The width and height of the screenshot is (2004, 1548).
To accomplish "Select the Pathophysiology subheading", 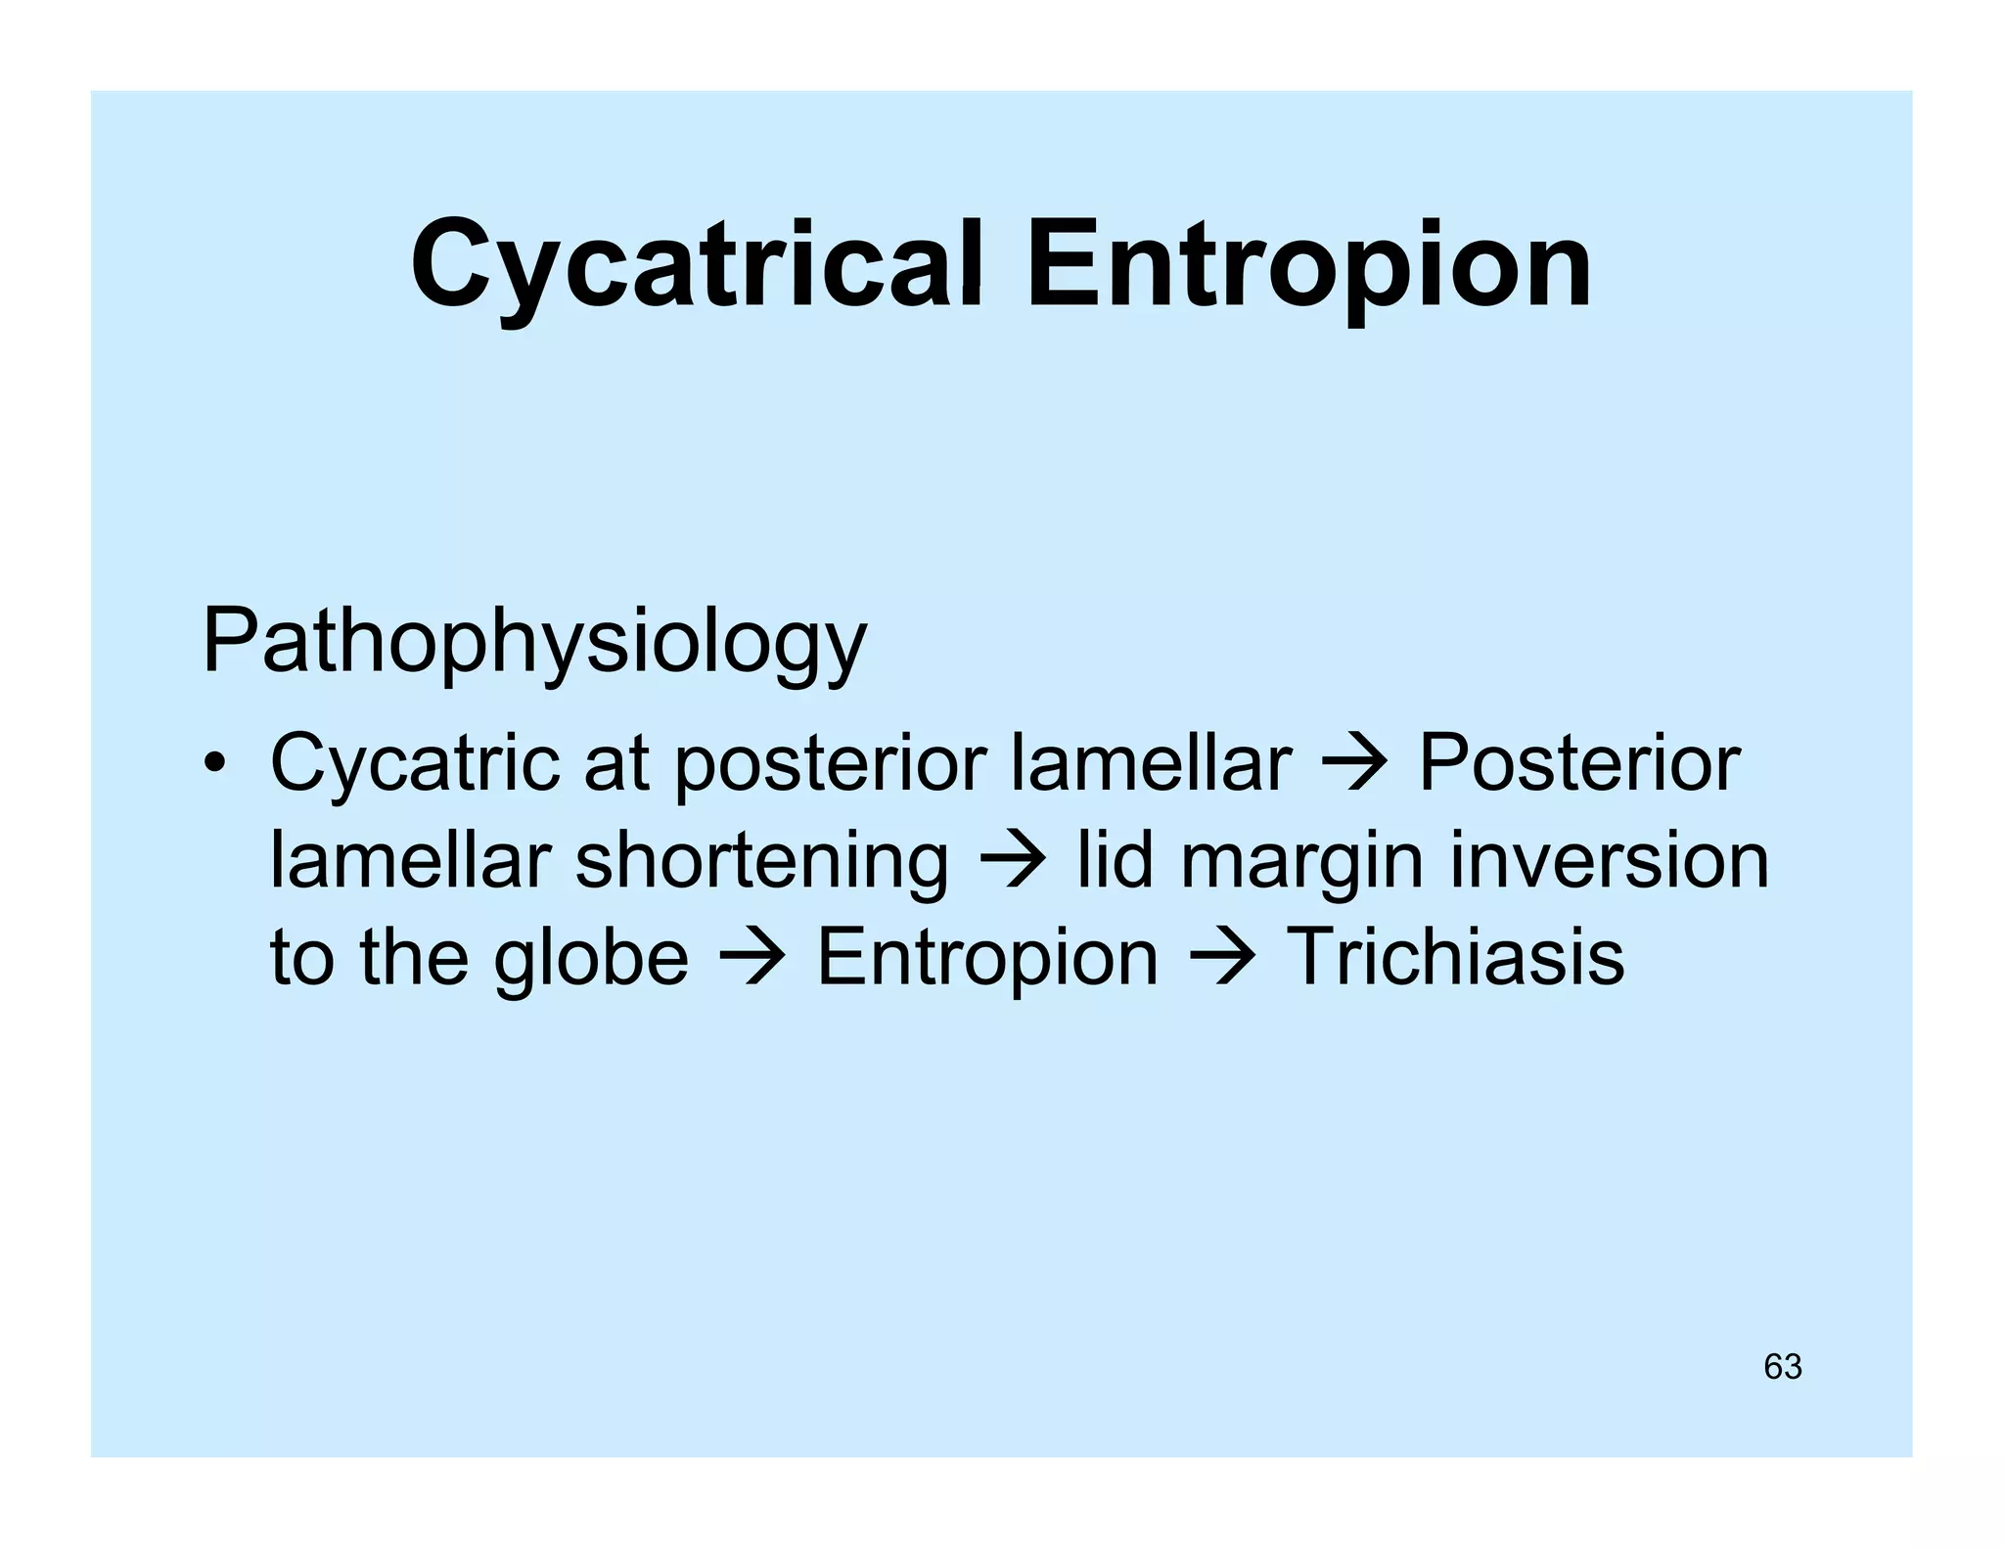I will coord(534,642).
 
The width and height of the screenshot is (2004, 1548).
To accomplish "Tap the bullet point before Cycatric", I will coord(214,763).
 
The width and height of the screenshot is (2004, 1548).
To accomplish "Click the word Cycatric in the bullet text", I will coord(414,764).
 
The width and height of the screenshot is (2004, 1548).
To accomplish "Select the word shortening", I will coord(761,862).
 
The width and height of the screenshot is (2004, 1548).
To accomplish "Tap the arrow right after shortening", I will coord(1012,862).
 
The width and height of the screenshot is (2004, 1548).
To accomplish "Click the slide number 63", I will coord(1782,1366).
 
